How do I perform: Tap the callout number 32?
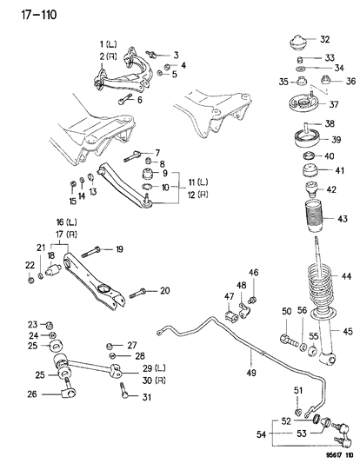pos(324,40)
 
